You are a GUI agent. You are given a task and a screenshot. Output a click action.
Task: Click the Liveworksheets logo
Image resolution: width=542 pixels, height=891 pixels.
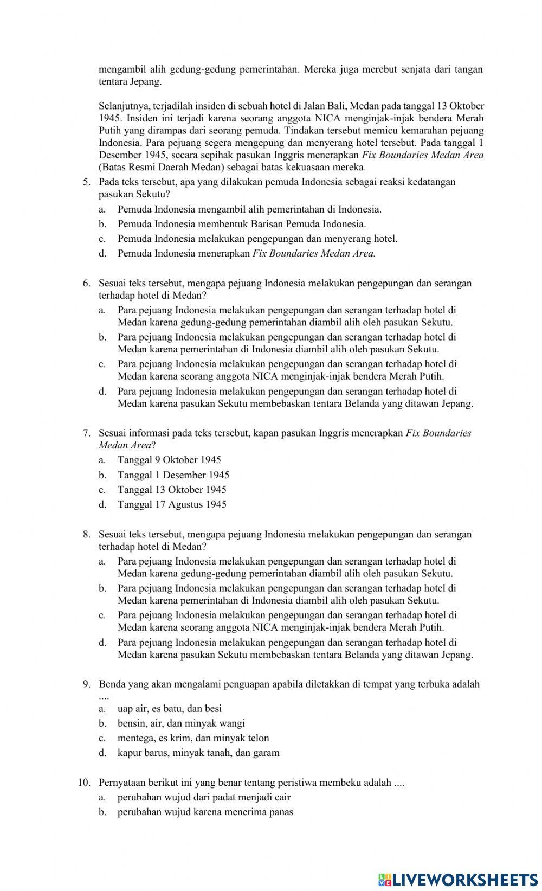459,879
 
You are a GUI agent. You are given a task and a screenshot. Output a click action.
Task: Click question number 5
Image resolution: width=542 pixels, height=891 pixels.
87,182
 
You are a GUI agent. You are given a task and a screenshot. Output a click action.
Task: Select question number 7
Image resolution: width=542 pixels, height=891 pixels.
87,433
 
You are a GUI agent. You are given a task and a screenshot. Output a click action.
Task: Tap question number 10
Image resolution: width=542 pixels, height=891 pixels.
84,783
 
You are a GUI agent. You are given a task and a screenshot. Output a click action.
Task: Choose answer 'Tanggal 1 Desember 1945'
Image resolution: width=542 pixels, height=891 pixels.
173,475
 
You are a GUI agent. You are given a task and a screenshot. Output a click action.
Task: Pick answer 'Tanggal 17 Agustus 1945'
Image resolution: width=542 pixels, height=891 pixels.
172,504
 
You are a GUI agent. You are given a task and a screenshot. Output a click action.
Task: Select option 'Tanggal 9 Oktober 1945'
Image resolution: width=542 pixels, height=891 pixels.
169,460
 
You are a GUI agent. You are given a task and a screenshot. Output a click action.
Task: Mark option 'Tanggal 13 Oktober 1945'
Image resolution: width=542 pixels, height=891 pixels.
172,490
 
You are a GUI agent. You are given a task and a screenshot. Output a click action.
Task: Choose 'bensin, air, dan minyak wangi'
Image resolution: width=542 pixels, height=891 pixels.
181,723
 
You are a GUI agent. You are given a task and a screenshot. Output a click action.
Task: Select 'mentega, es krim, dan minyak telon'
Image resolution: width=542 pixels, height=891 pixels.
193,738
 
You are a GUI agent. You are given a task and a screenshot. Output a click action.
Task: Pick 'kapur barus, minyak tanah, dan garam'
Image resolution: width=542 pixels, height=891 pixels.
198,753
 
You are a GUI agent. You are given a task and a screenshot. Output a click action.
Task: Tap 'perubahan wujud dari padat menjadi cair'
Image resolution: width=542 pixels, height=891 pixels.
204,797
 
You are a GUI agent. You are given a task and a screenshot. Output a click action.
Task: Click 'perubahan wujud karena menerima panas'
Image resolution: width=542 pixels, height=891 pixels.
205,812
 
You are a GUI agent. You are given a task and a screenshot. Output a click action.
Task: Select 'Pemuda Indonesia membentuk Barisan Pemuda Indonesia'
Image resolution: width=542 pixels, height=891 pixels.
241,224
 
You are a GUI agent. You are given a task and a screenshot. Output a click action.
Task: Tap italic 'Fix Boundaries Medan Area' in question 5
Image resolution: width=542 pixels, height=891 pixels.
314,253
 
